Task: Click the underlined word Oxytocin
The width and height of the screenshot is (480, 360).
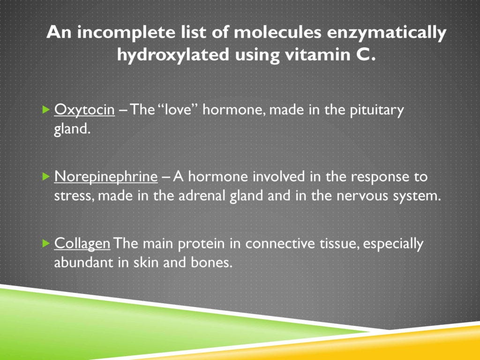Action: click(x=84, y=111)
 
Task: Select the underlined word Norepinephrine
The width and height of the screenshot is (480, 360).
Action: click(x=106, y=177)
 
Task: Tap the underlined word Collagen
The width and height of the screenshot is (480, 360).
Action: click(x=82, y=244)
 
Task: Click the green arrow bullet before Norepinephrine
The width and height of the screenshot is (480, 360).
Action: click(x=45, y=177)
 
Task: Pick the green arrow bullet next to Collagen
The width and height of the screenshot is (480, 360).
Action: click(x=45, y=244)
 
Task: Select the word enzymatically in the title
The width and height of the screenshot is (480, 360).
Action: click(x=389, y=34)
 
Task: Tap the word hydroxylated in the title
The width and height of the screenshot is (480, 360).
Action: click(x=173, y=55)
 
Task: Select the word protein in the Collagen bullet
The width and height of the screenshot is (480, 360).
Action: click(x=216, y=244)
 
